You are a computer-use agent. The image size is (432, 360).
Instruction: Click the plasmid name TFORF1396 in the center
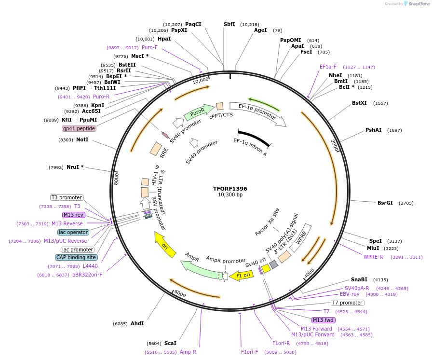point(230,188)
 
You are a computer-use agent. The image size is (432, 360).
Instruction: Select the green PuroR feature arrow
point(199,112)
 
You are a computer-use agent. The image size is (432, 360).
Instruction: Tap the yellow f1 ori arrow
point(242,275)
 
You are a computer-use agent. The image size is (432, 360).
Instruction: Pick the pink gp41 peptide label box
point(79,128)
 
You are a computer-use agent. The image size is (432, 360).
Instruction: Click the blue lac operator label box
point(73,232)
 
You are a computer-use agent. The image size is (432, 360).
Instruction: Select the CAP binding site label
point(77,257)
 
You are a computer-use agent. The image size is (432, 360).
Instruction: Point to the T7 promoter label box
point(347,303)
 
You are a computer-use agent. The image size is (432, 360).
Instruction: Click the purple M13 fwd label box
point(324,320)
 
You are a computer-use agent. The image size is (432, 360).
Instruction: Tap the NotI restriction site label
point(82,139)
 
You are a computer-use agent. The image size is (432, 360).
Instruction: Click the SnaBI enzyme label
point(359,279)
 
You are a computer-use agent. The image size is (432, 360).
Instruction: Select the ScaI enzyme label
point(170,343)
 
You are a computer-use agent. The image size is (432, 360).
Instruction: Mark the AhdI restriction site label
point(137,323)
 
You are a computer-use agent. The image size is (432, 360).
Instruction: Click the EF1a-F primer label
point(328,67)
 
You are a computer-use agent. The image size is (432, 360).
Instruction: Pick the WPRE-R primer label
point(373,257)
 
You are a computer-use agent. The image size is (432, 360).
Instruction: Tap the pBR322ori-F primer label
point(87,275)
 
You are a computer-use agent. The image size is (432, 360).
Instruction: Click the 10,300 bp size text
point(230,195)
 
